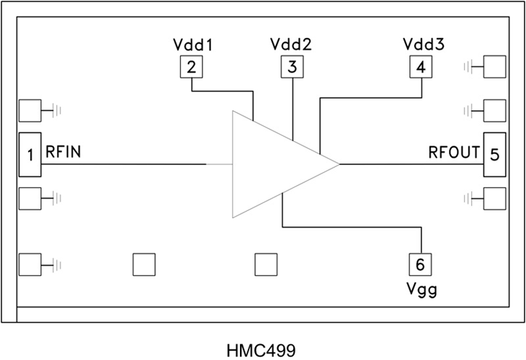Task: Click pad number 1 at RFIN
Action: [30, 154]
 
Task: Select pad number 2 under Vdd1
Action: [191, 68]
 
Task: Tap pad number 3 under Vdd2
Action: [292, 68]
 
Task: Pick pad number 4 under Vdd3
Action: [420, 68]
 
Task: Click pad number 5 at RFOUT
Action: [494, 154]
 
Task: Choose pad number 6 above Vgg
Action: [420, 264]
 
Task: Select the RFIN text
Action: [63, 153]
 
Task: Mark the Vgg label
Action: [421, 290]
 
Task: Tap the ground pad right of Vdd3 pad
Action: [494, 68]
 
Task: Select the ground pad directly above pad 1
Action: [30, 111]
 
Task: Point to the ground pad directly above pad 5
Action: [494, 111]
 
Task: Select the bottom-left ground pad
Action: [30, 265]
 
